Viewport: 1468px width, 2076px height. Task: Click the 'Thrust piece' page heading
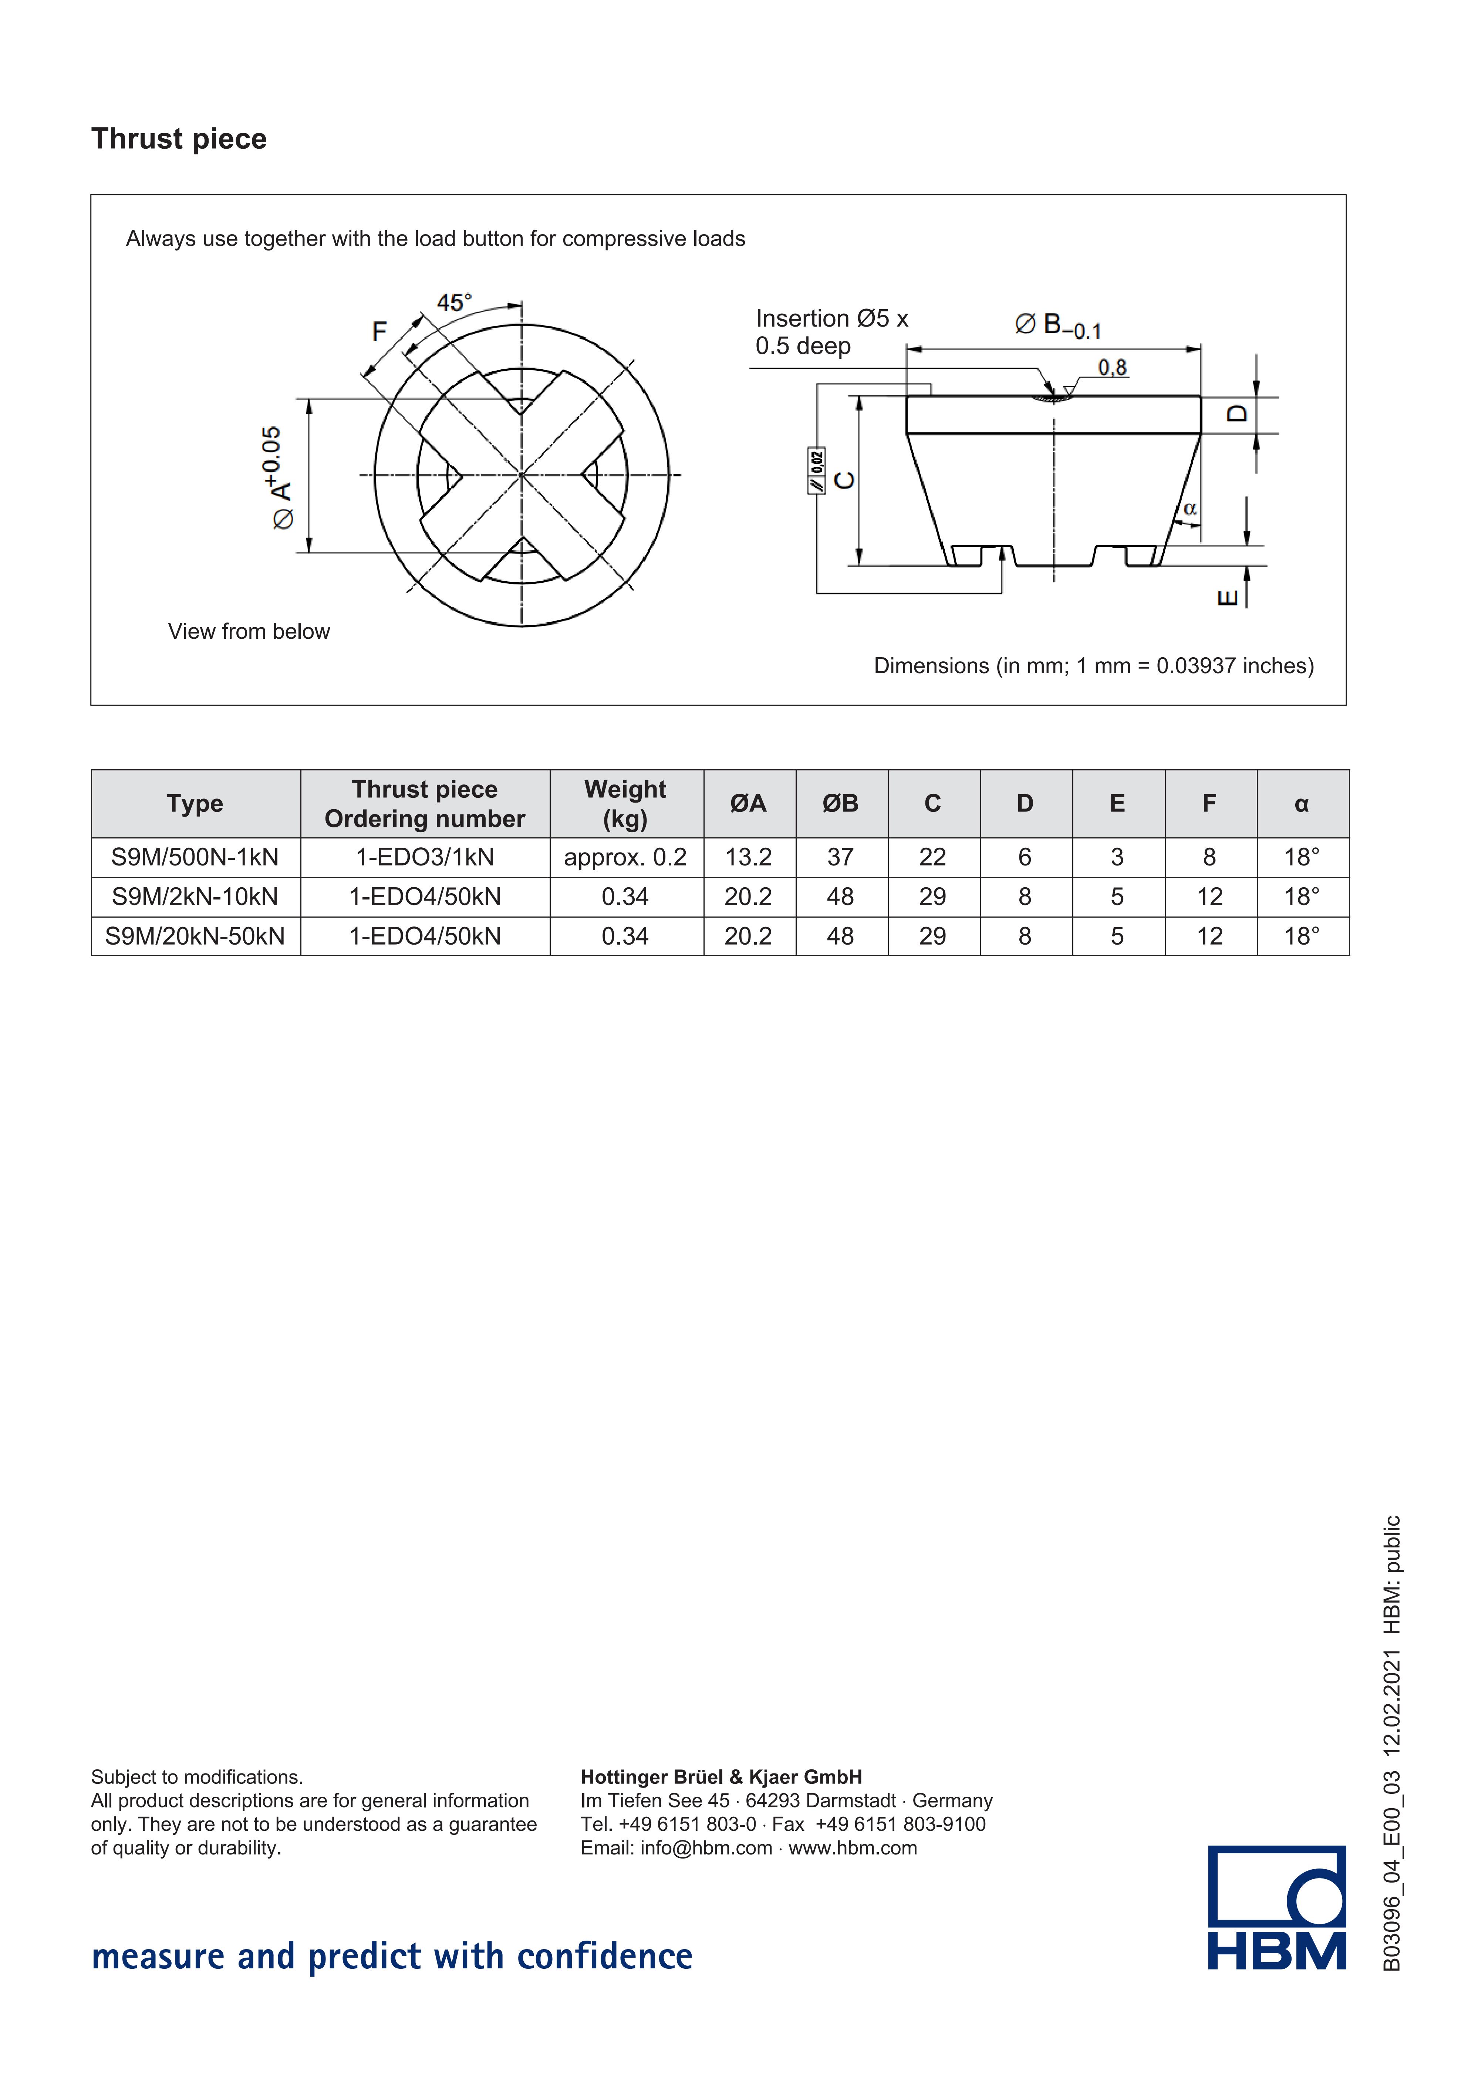179,139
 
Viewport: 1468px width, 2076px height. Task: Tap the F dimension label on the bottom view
379,332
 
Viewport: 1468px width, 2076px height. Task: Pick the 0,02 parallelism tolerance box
816,470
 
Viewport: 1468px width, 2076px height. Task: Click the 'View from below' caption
249,631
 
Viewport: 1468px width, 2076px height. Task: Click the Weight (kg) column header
625,804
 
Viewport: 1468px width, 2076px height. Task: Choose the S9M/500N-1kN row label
195,857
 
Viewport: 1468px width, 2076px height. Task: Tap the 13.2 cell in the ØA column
749,857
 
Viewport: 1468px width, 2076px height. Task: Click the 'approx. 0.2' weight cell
625,857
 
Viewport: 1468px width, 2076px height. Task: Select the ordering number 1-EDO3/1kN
425,857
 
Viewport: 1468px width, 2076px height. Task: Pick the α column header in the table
1302,804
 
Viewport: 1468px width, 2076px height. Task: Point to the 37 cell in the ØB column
841,857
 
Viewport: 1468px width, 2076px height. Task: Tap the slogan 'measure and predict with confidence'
392,1957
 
